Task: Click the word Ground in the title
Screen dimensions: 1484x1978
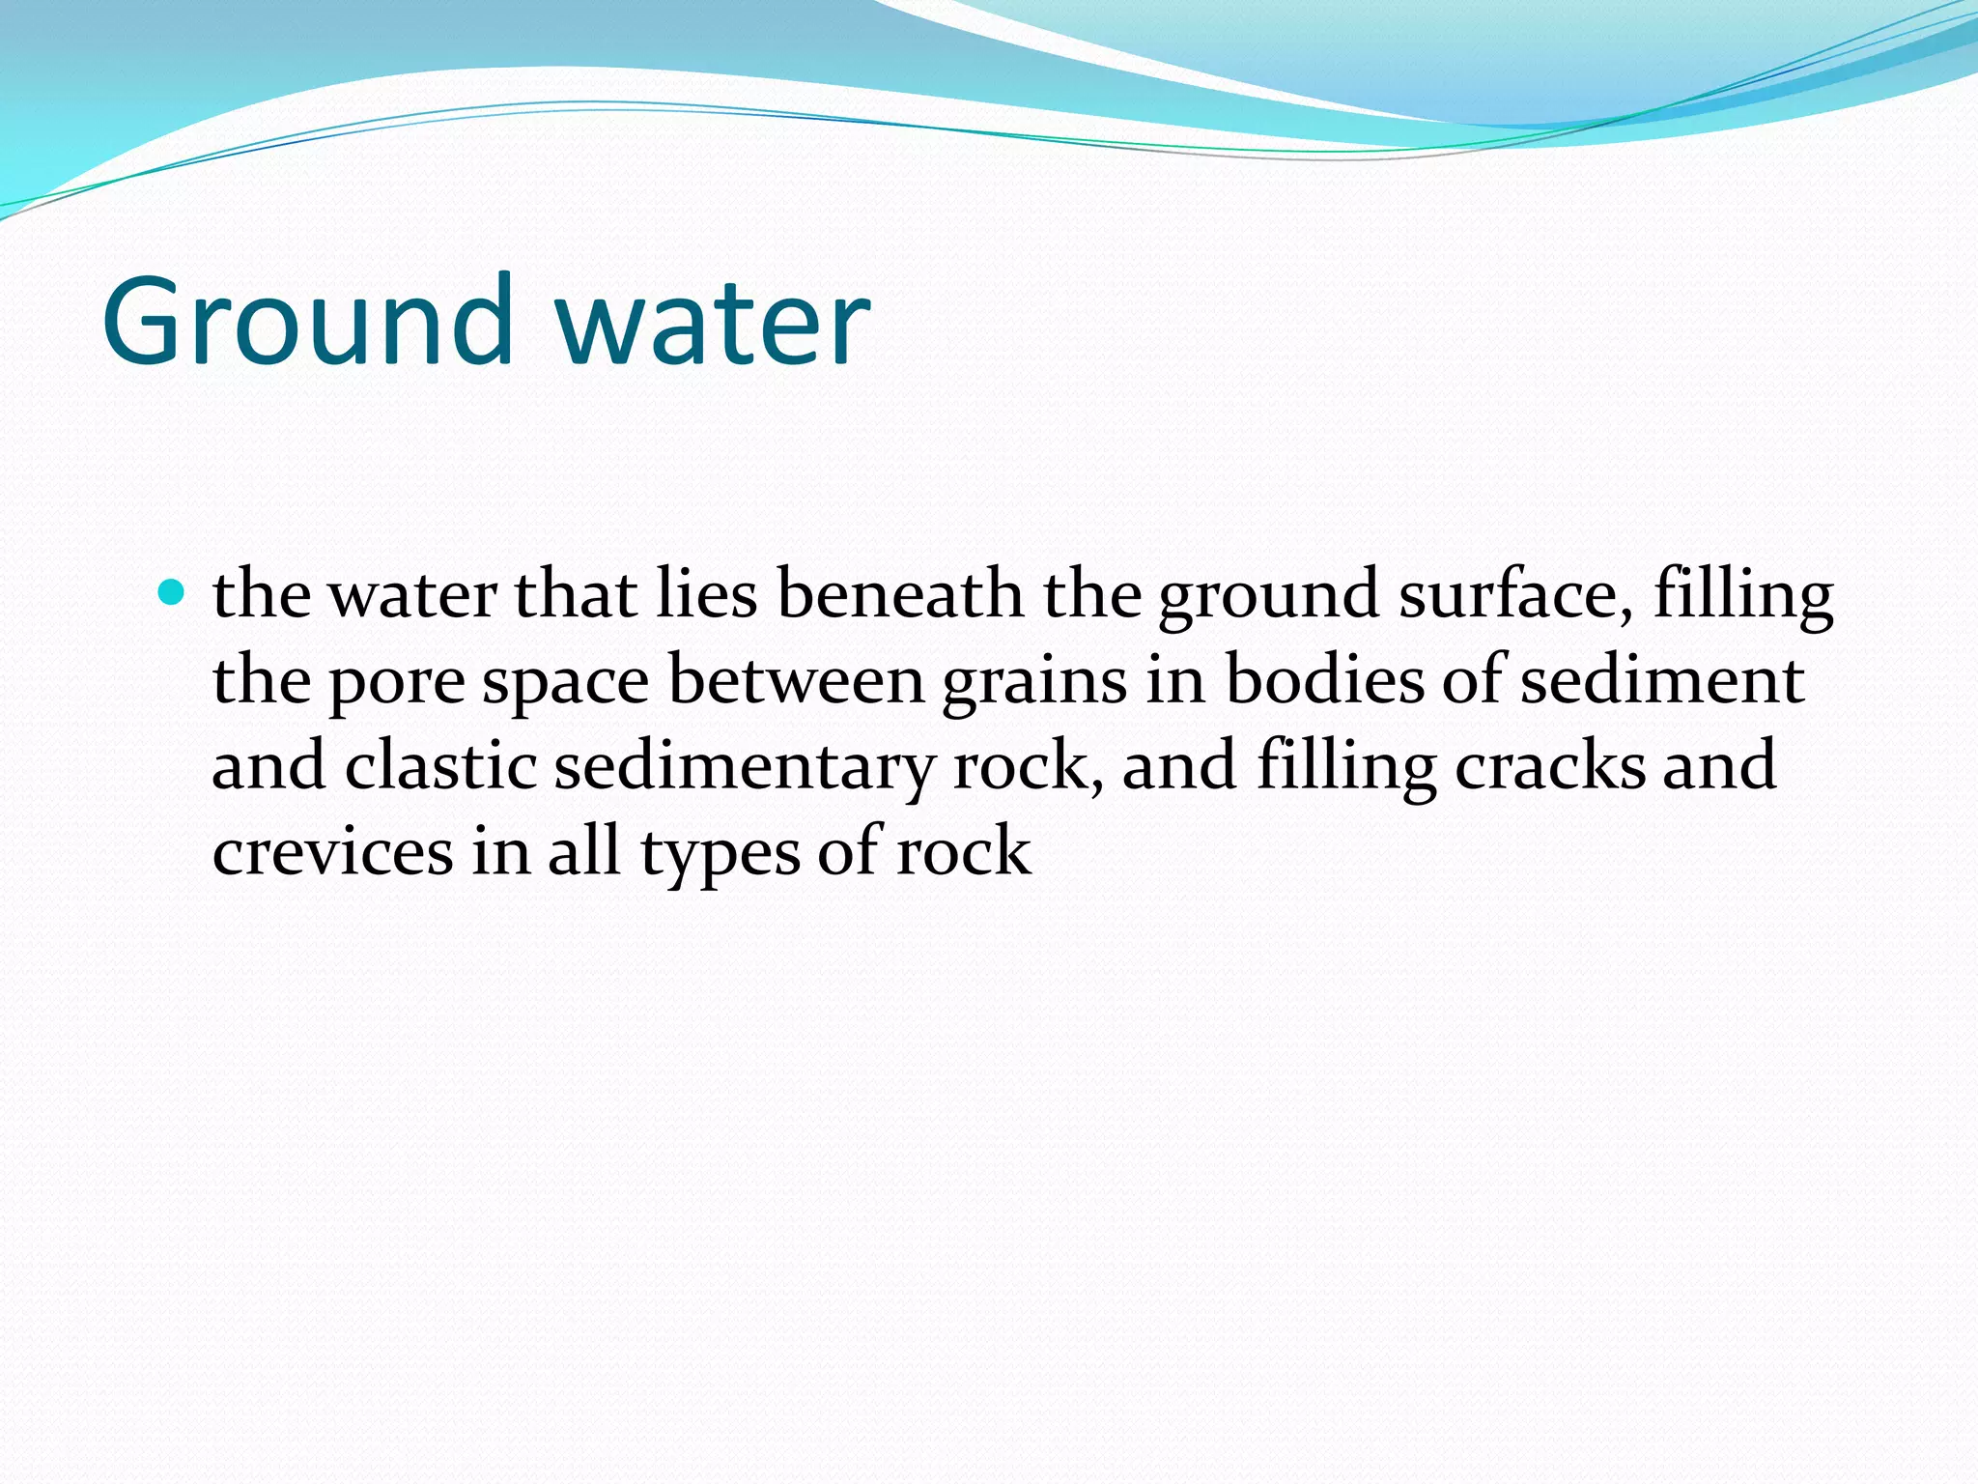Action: point(307,321)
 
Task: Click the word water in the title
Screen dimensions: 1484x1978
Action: point(713,321)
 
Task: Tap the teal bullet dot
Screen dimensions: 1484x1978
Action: point(172,591)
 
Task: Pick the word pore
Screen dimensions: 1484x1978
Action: point(397,682)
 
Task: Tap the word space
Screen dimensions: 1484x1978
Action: point(565,682)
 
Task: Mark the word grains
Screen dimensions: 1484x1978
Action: point(1033,682)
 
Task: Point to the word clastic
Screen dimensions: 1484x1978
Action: point(440,765)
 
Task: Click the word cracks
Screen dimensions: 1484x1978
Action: point(1549,765)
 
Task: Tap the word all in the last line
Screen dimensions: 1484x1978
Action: point(584,850)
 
